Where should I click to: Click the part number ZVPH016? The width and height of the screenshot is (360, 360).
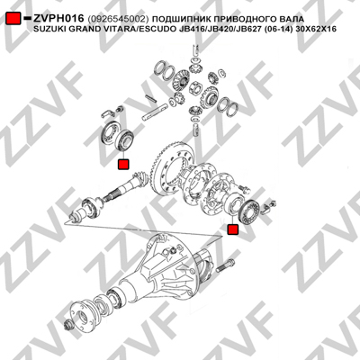(x=58, y=18)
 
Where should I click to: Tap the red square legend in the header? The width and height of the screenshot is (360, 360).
(x=13, y=19)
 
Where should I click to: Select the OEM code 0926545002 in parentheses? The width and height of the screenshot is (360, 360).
(x=118, y=19)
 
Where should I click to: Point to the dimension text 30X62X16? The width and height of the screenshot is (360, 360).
(x=319, y=29)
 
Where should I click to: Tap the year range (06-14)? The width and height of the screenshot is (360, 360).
(x=285, y=29)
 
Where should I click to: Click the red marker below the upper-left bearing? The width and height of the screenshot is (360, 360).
(x=123, y=165)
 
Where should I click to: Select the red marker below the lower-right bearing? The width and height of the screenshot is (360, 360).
(x=233, y=229)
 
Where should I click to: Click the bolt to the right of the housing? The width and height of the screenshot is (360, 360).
(x=225, y=265)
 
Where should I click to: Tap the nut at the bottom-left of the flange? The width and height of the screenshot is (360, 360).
(x=68, y=325)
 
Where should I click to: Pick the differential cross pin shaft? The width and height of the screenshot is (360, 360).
(x=156, y=112)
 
